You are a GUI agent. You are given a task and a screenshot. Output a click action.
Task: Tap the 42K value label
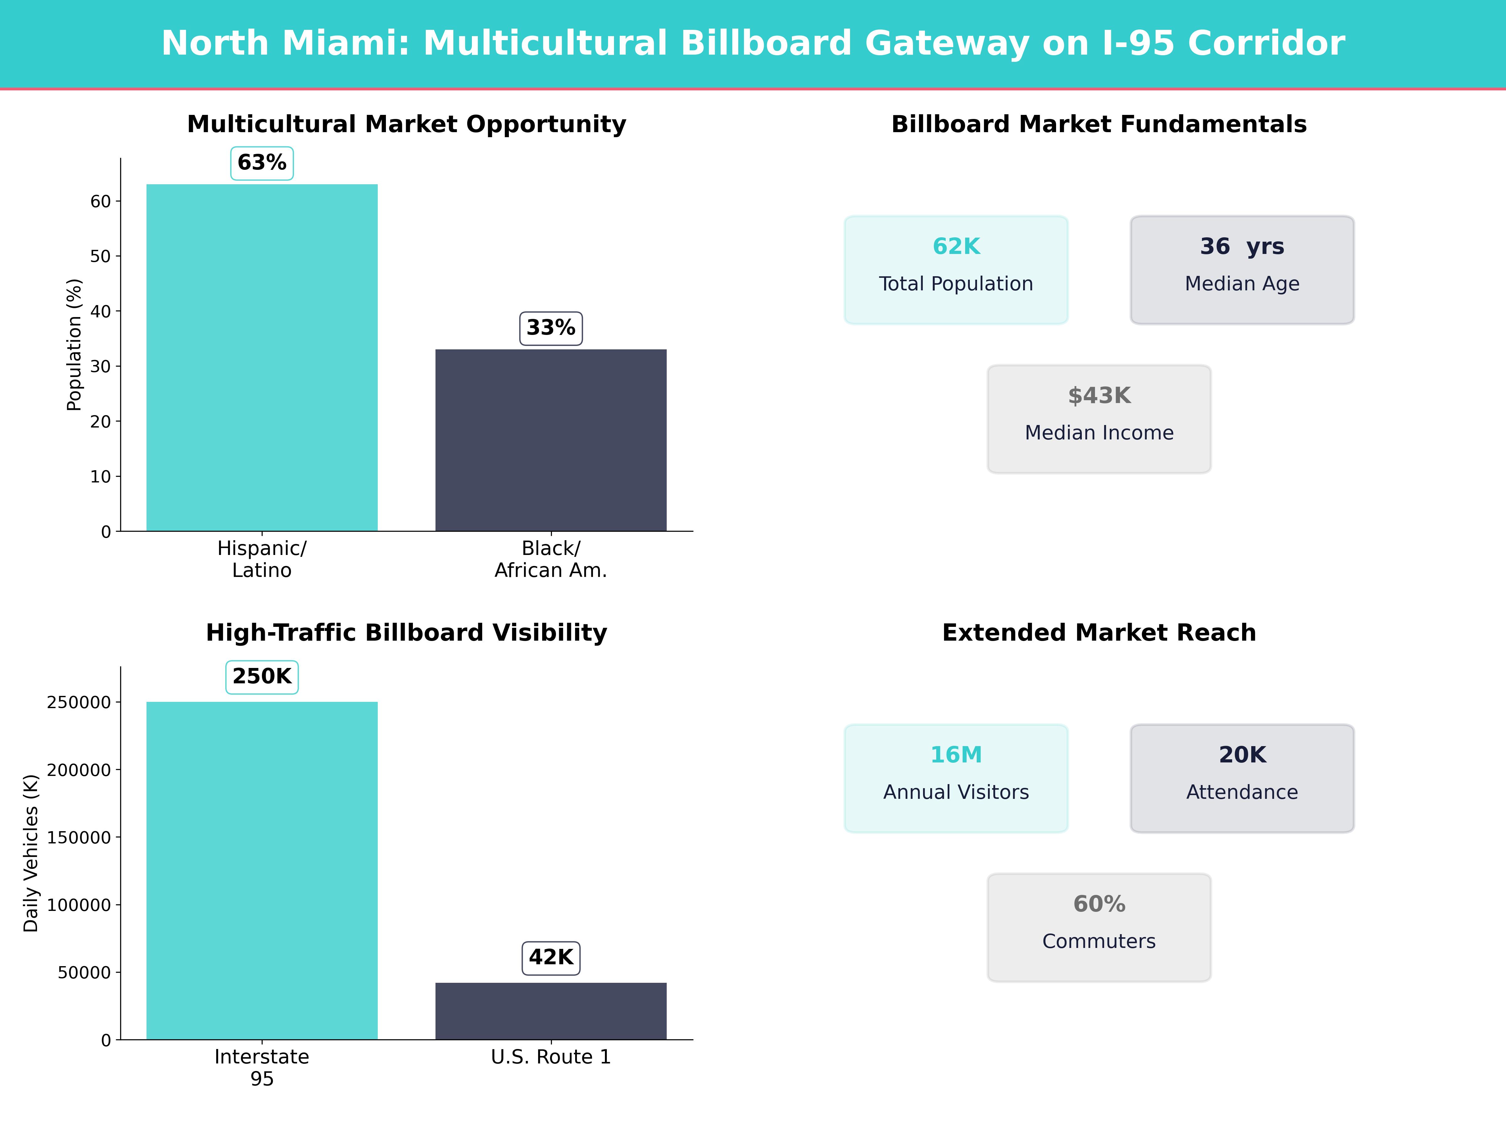point(551,958)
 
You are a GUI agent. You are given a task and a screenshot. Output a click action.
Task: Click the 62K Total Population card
point(956,270)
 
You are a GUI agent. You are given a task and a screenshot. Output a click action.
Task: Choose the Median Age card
point(1242,270)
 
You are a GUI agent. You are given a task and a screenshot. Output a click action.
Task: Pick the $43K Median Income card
point(1099,419)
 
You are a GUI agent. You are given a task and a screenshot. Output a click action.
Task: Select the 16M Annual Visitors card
point(956,778)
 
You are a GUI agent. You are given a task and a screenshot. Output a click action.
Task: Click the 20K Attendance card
point(1242,778)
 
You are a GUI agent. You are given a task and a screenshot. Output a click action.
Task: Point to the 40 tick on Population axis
point(101,311)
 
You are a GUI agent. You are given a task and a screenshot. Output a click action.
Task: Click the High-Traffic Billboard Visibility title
point(406,633)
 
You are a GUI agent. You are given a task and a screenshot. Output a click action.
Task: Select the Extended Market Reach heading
point(1099,633)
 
